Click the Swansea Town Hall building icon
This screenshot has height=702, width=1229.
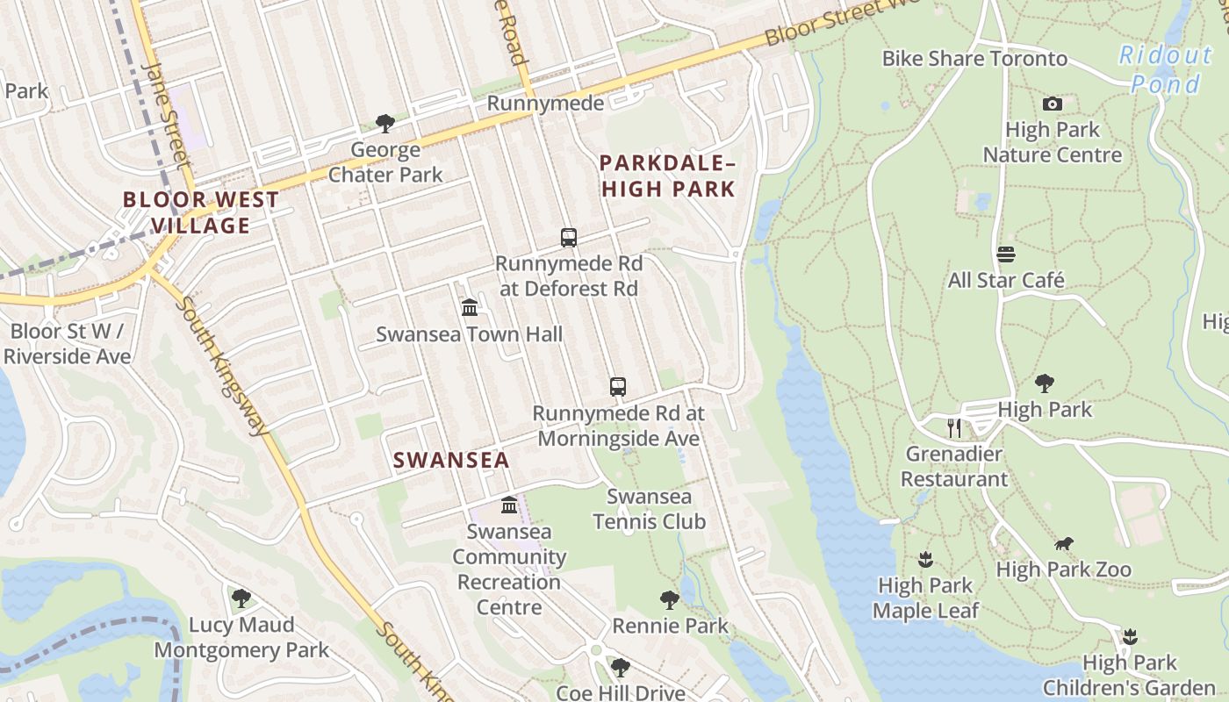tap(470, 308)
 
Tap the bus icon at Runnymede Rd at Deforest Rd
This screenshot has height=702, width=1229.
tap(569, 237)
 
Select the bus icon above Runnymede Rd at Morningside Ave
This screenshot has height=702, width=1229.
tap(618, 386)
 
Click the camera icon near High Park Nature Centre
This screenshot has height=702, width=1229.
tap(1052, 104)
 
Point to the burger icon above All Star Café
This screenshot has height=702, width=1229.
tap(1006, 254)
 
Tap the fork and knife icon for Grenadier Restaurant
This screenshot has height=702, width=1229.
tap(954, 428)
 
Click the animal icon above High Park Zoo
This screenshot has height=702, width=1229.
tap(1063, 544)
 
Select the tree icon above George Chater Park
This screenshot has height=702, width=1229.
tap(385, 124)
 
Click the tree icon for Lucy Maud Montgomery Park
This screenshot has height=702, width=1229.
tap(241, 598)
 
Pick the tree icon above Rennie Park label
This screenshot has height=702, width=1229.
tap(670, 600)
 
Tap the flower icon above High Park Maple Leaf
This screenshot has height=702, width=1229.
tap(924, 559)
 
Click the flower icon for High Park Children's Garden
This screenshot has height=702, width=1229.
tap(1130, 636)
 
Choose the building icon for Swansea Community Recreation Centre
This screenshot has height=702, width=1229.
tap(509, 505)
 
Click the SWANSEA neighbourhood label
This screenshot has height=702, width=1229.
tap(450, 460)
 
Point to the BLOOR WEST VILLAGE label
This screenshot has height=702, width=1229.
tap(200, 212)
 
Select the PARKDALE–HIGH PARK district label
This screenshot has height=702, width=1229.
tap(667, 175)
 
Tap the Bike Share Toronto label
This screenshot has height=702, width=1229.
tap(974, 59)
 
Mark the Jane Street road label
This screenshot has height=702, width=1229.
tap(165, 114)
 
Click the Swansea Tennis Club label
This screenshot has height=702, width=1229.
tap(649, 509)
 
